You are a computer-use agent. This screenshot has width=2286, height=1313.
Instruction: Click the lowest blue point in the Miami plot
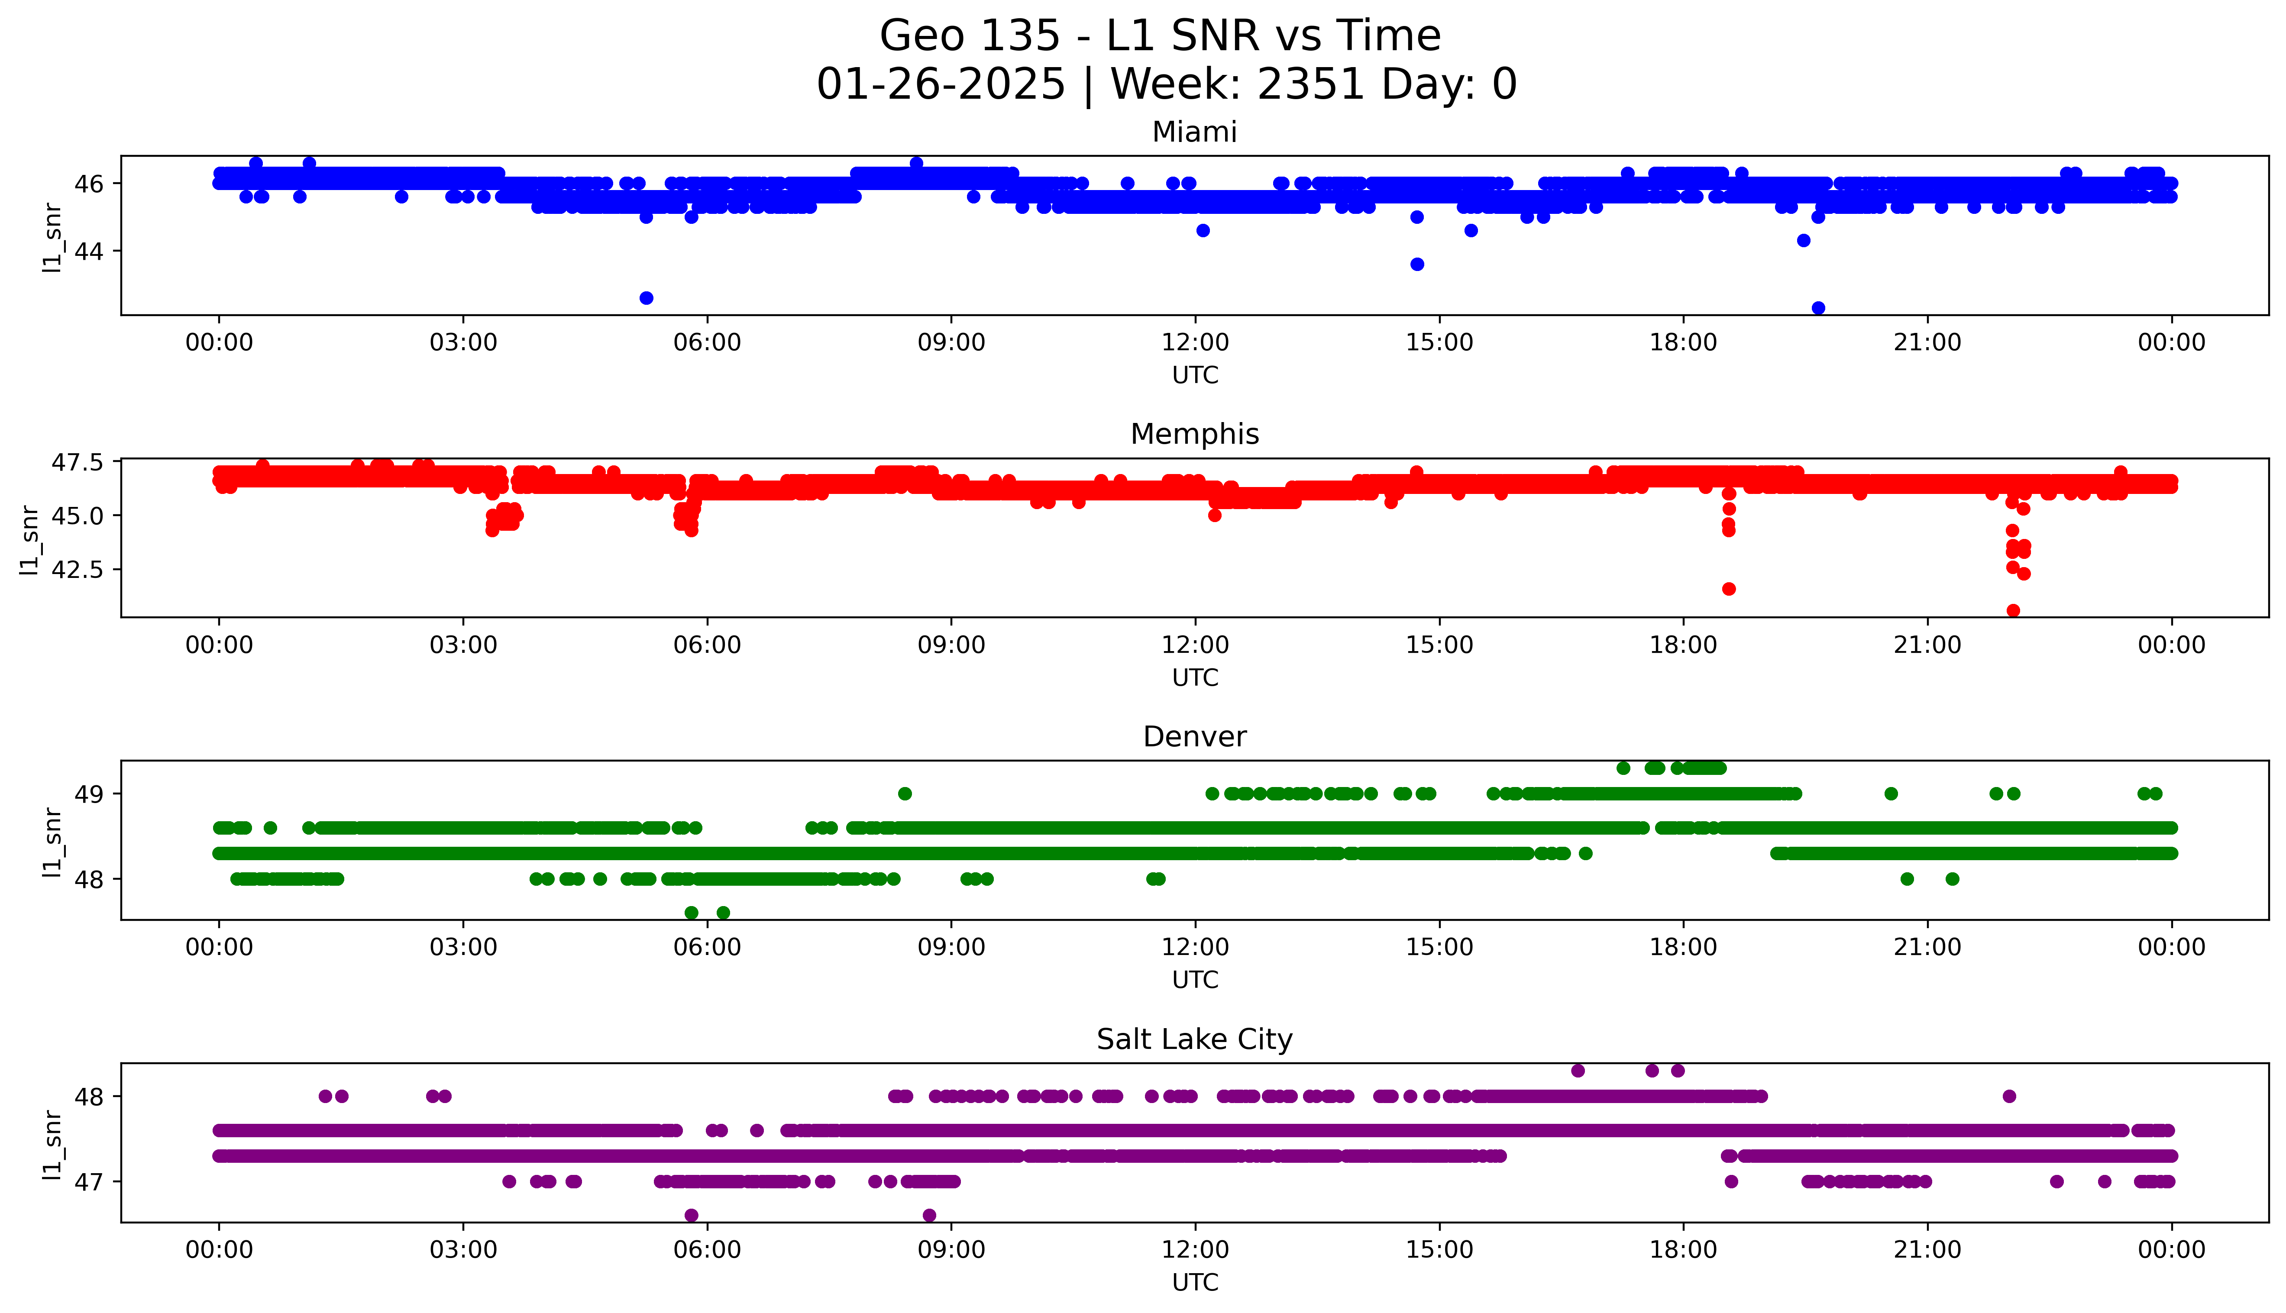(1818, 308)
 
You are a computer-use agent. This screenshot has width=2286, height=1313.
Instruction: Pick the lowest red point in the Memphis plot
(2013, 610)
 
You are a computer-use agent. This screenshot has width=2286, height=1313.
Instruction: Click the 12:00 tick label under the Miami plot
(1195, 343)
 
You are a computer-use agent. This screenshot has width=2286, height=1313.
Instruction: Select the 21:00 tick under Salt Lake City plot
(1927, 1250)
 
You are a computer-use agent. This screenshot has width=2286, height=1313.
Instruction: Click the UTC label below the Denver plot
(1195, 980)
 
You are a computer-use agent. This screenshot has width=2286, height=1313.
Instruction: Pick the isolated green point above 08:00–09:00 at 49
(905, 794)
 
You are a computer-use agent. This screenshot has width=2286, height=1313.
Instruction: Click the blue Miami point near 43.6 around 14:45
(1417, 264)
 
